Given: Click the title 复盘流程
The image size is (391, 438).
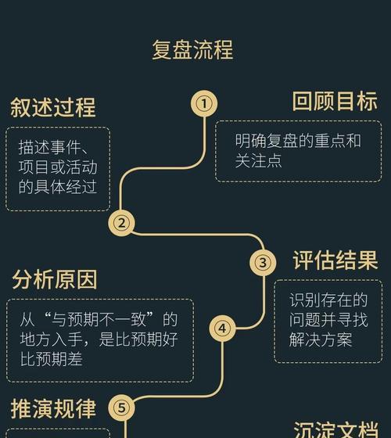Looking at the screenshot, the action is (192, 50).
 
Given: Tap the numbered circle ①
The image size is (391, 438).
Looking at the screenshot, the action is (204, 103).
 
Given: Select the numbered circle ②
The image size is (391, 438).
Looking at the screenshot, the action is (121, 223).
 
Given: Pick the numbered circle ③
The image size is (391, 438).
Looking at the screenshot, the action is (263, 263).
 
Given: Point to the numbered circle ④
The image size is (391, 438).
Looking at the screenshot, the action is (222, 328).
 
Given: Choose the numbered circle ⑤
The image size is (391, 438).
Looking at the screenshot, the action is (121, 408).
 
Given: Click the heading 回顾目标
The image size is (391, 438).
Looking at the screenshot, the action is (335, 101).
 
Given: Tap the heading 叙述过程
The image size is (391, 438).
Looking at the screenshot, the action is (53, 107).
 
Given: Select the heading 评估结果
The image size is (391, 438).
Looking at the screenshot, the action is (335, 260).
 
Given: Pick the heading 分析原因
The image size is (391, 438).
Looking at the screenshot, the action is (55, 279).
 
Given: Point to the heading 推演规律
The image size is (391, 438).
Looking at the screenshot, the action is (53, 408).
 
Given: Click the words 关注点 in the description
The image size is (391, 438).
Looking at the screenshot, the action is (258, 160).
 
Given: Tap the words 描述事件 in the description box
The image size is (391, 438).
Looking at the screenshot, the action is (50, 147).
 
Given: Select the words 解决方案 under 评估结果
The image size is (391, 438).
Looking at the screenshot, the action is (321, 339).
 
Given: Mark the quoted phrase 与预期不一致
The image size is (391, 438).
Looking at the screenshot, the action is (98, 319).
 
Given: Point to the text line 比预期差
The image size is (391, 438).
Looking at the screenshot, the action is (52, 359).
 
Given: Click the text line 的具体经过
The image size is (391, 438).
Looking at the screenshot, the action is (58, 187).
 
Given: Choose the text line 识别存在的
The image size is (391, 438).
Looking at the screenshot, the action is (328, 300).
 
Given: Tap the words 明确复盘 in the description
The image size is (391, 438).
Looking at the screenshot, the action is (266, 141).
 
